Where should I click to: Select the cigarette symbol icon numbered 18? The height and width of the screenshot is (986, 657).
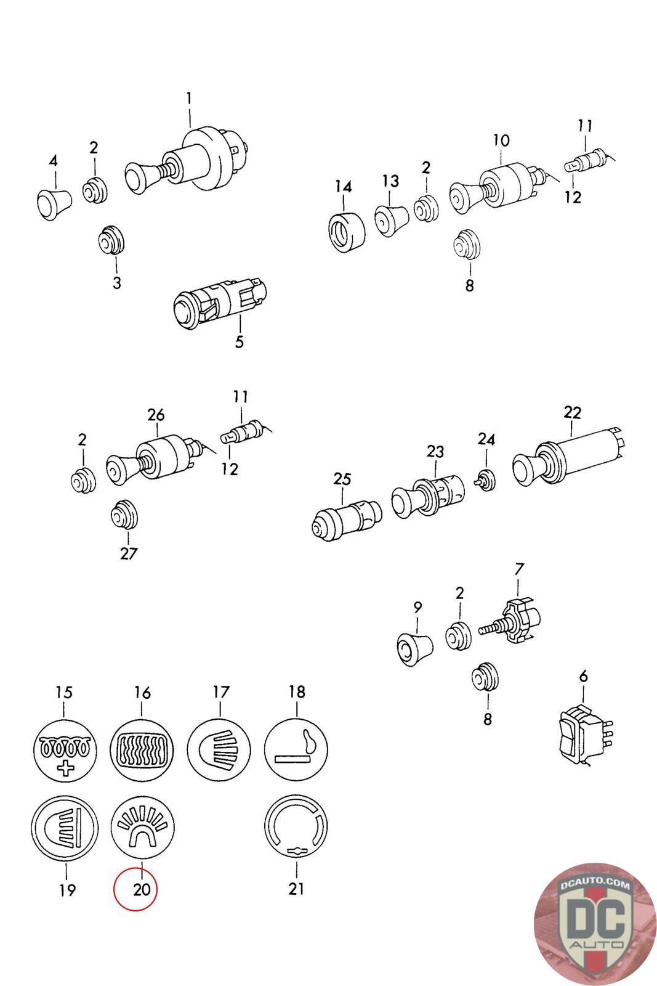(296, 749)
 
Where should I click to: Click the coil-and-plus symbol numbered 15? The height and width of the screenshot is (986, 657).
(65, 750)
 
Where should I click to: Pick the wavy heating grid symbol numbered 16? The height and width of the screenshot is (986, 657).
(142, 749)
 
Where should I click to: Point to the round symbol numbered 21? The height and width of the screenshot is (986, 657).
(296, 827)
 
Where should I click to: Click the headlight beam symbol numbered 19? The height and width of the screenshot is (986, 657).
(65, 828)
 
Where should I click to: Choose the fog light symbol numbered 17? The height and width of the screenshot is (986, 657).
(219, 749)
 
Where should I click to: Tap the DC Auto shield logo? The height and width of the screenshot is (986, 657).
(595, 924)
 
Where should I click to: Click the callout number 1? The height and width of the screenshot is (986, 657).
(189, 98)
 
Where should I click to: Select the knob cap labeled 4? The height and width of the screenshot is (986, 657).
(54, 204)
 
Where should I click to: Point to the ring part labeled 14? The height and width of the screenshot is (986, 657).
(347, 232)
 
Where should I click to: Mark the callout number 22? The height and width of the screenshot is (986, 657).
(573, 412)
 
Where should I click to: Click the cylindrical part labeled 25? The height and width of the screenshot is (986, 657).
(346, 519)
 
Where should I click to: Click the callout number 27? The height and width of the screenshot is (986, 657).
(129, 553)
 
